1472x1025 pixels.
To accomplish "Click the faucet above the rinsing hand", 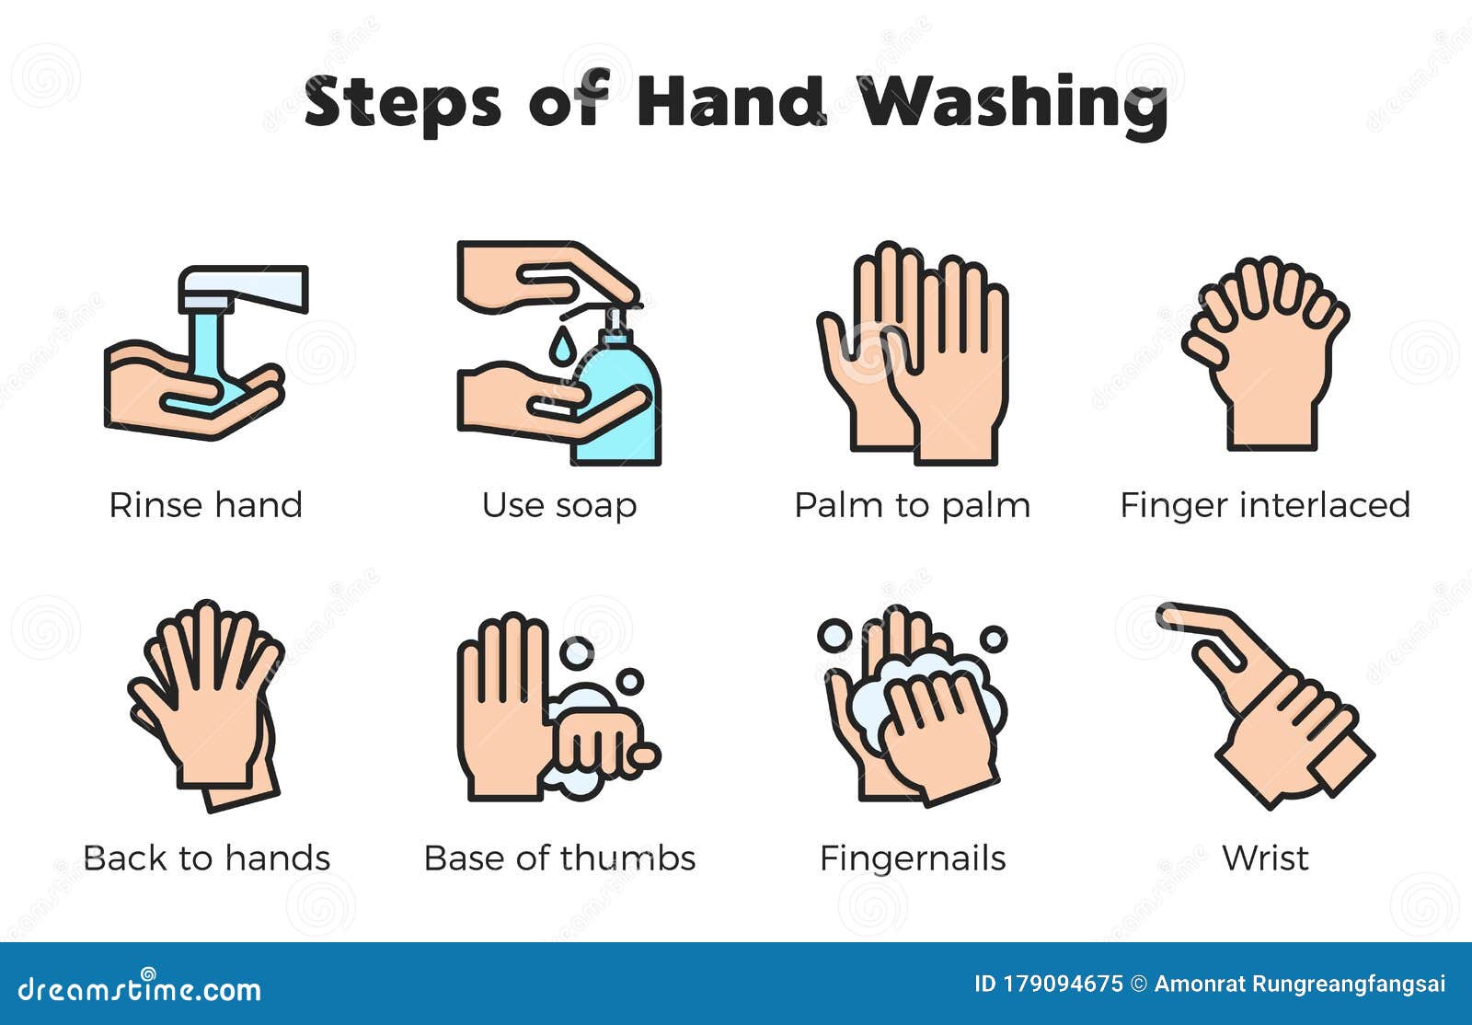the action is click(243, 289).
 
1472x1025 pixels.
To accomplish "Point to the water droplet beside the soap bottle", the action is click(560, 345).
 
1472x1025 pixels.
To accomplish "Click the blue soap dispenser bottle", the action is click(617, 401).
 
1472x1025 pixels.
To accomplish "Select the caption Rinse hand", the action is click(206, 505).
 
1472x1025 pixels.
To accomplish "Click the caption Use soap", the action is click(559, 506).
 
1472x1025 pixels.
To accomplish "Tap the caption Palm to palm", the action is click(912, 506).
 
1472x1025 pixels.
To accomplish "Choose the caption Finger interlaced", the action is click(1265, 506).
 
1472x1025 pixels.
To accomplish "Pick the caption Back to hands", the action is click(206, 858).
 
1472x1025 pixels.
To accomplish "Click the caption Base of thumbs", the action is click(559, 858).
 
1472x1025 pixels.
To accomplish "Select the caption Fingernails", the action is click(913, 858).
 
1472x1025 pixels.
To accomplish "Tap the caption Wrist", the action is click(1266, 858).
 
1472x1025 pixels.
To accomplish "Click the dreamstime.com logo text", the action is click(139, 989).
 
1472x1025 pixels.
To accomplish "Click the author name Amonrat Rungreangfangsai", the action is click(1299, 985).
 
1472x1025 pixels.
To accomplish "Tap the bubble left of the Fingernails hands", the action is click(834, 636).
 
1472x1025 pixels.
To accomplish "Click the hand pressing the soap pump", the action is click(546, 276).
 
